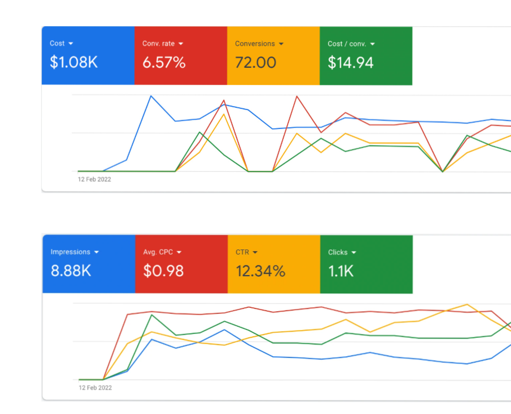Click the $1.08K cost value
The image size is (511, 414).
pos(74,63)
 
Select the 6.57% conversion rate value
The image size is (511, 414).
pos(164,63)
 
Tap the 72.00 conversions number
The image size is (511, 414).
pos(255,63)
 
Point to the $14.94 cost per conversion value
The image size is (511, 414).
pos(350,63)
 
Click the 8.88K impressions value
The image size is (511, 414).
pos(71,271)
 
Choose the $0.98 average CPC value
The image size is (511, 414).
pos(163,271)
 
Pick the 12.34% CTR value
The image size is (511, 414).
pos(260,271)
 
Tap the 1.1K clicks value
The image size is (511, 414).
pos(341,271)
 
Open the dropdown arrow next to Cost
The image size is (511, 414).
pos(71,43)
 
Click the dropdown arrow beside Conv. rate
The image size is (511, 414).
pos(181,43)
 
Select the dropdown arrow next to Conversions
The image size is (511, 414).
pos(281,43)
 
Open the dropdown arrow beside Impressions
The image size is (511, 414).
pos(97,252)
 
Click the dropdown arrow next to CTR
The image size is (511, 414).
pos(255,252)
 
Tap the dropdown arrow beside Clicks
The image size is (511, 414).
pos(354,252)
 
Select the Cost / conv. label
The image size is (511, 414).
pos(347,43)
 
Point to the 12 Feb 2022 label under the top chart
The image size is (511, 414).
pos(94,179)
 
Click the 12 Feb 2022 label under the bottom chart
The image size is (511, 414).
pos(95,387)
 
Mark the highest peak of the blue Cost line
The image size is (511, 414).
pos(151,96)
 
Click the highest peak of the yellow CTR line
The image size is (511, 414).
pos(467,305)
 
